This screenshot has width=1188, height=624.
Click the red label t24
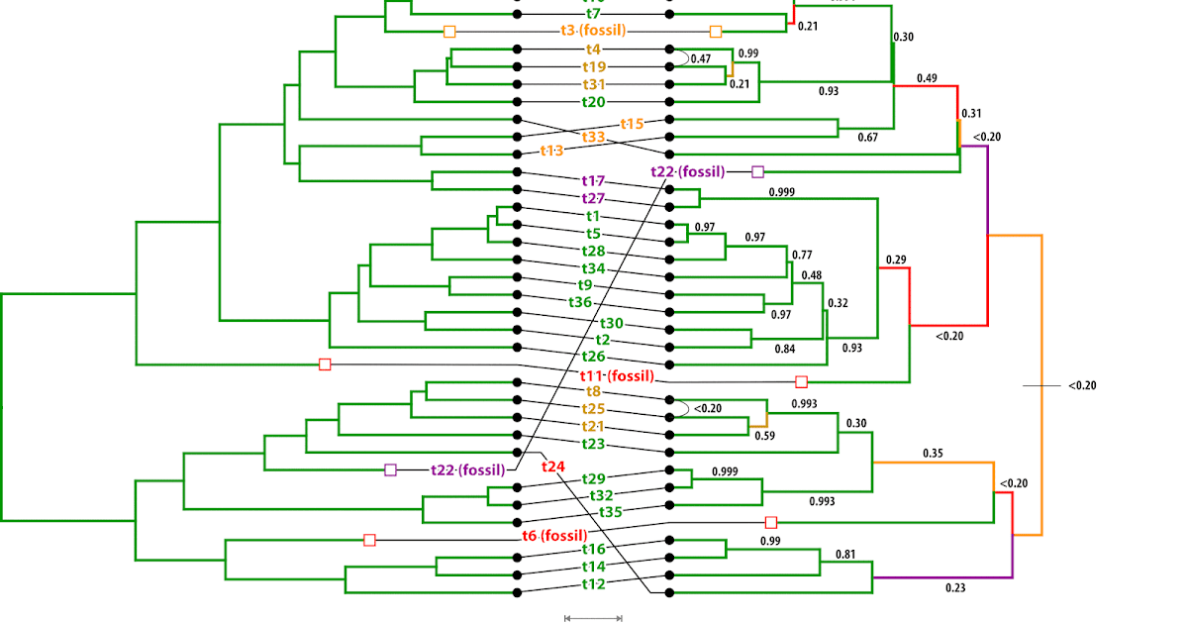(x=553, y=466)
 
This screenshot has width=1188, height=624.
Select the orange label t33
(x=594, y=136)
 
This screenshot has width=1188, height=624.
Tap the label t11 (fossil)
(x=617, y=375)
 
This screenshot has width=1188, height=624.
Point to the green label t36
(x=580, y=302)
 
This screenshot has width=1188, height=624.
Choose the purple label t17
(x=594, y=181)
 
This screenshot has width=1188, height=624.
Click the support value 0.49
(x=927, y=78)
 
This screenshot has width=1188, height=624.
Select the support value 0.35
(x=933, y=454)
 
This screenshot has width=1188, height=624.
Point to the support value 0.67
(x=868, y=138)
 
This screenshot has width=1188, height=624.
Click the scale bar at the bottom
(x=593, y=618)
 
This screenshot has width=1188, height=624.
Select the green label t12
(x=594, y=584)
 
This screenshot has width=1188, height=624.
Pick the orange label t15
(x=632, y=124)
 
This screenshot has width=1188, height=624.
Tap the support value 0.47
(x=701, y=59)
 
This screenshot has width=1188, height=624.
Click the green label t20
(x=594, y=101)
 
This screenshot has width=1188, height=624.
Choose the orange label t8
(x=594, y=391)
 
